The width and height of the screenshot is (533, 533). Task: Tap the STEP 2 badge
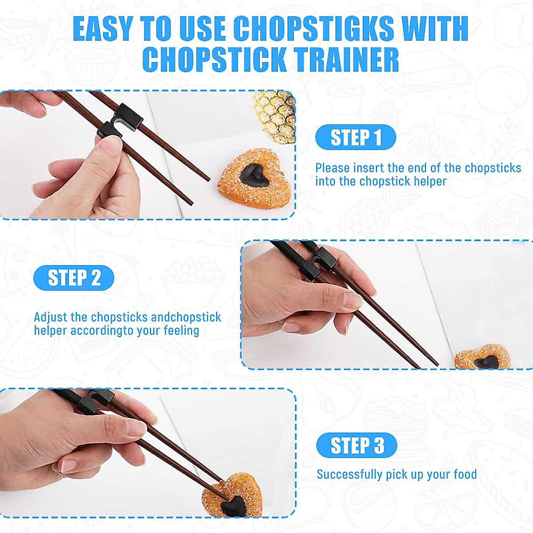(74, 278)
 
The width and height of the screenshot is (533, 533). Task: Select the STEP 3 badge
(357, 445)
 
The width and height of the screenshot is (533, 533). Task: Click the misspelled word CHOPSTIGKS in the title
(314, 28)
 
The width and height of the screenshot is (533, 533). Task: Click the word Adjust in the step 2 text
(51, 317)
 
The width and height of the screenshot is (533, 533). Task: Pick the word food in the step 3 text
(465, 474)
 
